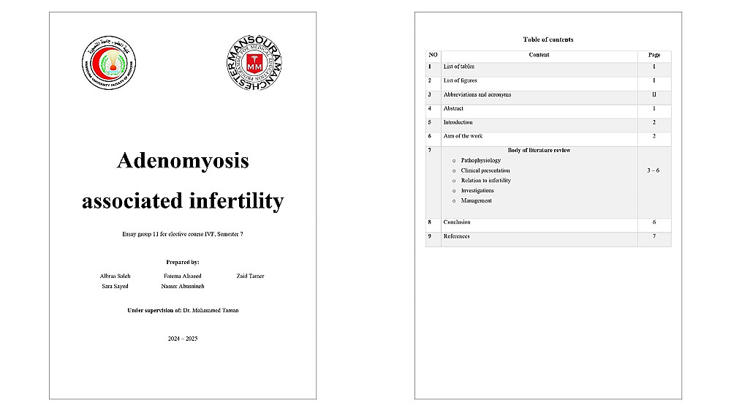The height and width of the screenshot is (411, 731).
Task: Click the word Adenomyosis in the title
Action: tap(183, 161)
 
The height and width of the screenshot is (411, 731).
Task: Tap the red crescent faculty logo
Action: tap(110, 59)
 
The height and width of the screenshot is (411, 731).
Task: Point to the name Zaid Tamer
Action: tap(251, 276)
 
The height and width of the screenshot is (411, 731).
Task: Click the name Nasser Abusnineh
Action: tap(183, 286)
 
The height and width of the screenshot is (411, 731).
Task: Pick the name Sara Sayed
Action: tap(115, 286)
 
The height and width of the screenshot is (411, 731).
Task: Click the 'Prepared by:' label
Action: tap(183, 261)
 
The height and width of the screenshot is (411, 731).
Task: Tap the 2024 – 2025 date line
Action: tap(183, 338)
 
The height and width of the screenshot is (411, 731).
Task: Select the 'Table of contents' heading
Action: tap(548, 39)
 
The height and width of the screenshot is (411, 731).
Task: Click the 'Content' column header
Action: tap(539, 55)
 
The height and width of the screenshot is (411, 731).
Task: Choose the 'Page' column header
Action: tap(654, 55)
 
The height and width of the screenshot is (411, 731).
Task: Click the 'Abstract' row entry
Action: tap(453, 108)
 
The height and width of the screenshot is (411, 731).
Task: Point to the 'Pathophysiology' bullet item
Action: tap(481, 160)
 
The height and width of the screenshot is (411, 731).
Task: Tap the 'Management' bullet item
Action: tap(476, 200)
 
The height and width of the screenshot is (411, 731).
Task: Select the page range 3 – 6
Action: tap(654, 170)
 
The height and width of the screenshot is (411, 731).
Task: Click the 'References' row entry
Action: tap(456, 236)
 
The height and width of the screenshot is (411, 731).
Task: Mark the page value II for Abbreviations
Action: tap(654, 94)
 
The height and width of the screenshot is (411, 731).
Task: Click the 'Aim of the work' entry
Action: tap(462, 136)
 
